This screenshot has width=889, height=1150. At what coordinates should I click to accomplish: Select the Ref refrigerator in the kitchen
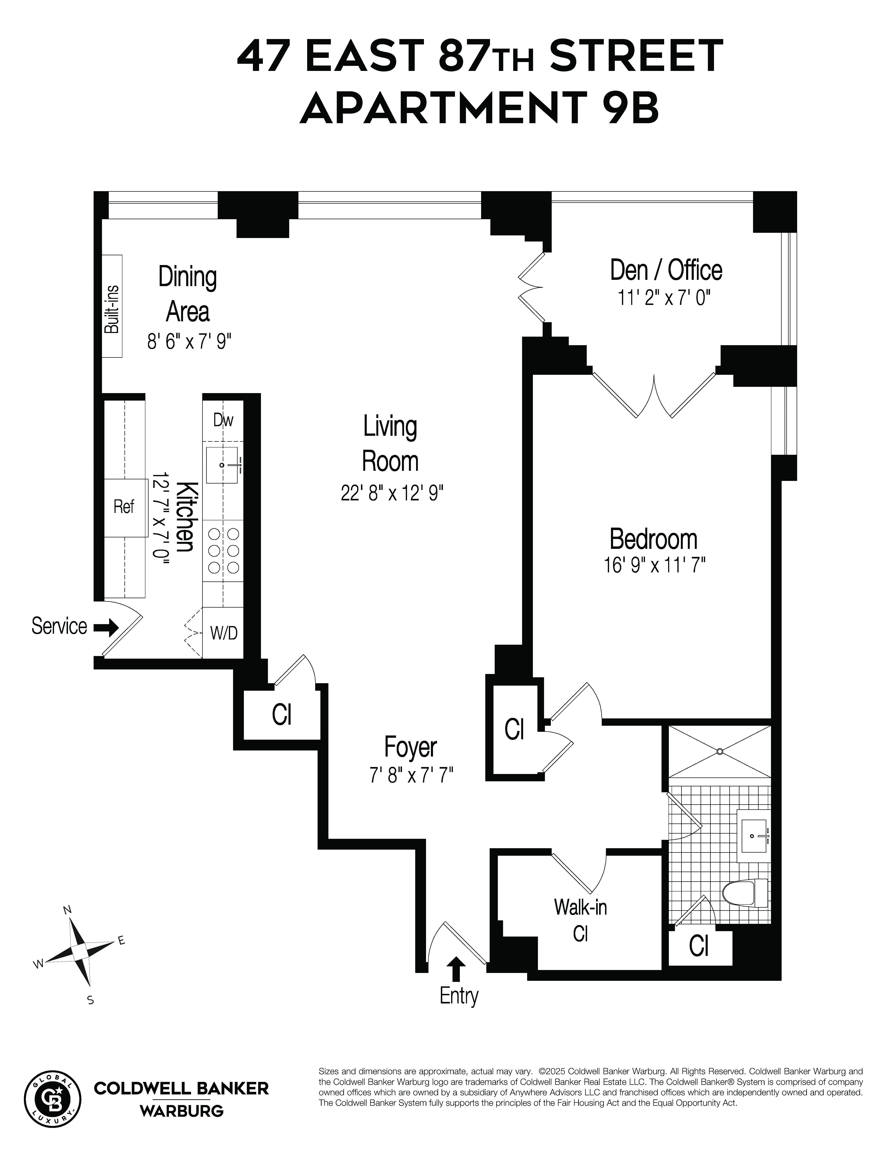pyautogui.click(x=125, y=507)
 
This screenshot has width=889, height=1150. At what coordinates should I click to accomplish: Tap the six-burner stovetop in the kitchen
pyautogui.click(x=223, y=551)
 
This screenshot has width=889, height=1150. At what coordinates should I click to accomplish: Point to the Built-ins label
pyautogui.click(x=112, y=309)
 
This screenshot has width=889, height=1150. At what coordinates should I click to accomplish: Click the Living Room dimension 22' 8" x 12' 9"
pyautogui.click(x=392, y=493)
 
